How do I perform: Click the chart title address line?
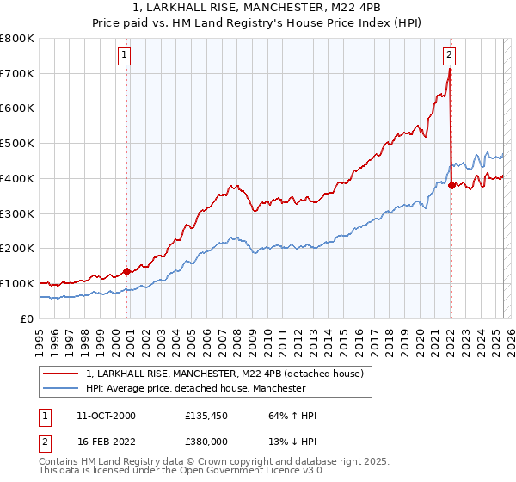coord(257,8)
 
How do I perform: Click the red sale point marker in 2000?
coord(127,270)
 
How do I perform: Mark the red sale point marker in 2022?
coord(451,184)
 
